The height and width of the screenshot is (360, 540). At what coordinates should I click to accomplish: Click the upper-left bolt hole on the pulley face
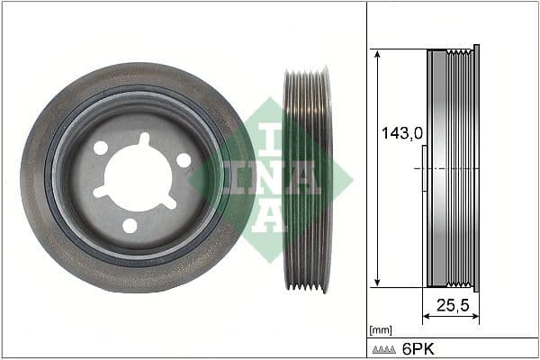click(101, 148)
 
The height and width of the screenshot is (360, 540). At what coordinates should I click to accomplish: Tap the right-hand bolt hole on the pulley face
click(184, 159)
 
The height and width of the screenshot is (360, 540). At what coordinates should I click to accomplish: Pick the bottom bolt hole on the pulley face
click(130, 225)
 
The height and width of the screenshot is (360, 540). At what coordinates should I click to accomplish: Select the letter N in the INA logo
click(270, 177)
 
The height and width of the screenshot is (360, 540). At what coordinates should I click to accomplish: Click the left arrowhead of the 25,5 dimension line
click(427, 317)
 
